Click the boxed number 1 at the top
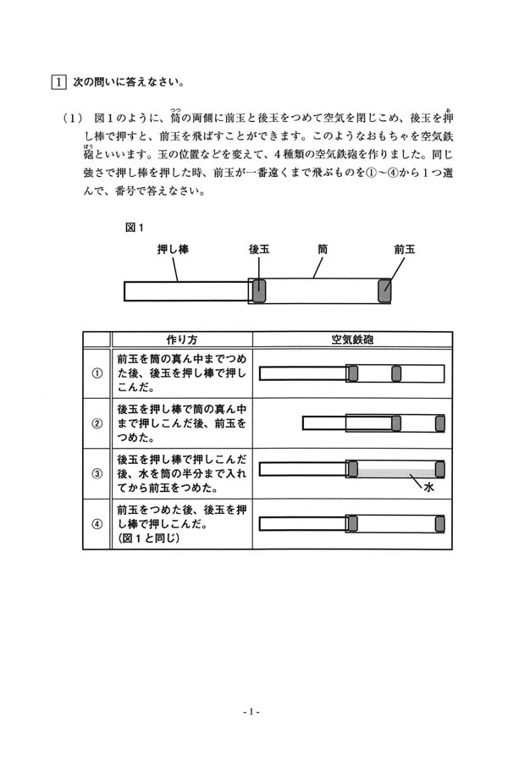[58, 81]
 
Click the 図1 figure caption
[135, 228]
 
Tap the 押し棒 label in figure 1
[173, 249]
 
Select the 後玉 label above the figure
[258, 249]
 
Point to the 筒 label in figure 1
[323, 249]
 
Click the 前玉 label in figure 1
[405, 249]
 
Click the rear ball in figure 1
[259, 290]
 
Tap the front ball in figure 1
[384, 290]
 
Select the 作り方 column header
[182, 340]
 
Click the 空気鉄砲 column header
[352, 340]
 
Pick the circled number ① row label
[97, 373]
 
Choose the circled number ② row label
[97, 423]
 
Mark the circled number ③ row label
[97, 473]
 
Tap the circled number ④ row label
[97, 524]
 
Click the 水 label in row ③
[428, 487]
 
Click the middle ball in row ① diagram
[396, 373]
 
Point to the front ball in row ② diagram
[440, 423]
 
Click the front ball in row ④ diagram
[440, 524]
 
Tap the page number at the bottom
[251, 712]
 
